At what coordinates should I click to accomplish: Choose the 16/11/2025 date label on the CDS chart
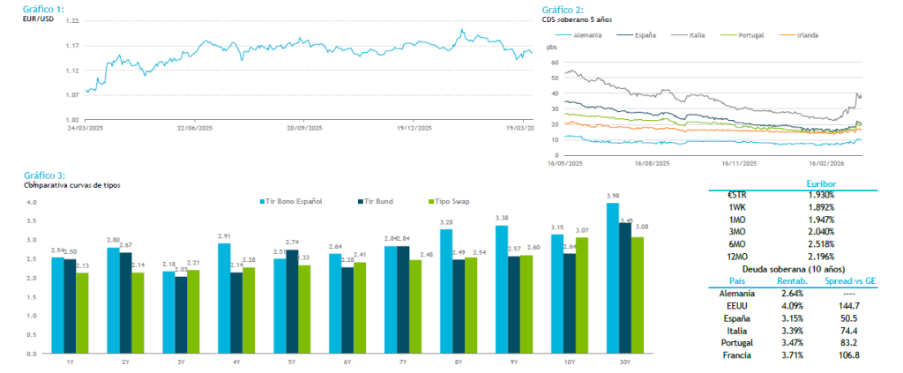click(740, 163)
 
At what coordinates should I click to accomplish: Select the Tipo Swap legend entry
click(451, 201)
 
